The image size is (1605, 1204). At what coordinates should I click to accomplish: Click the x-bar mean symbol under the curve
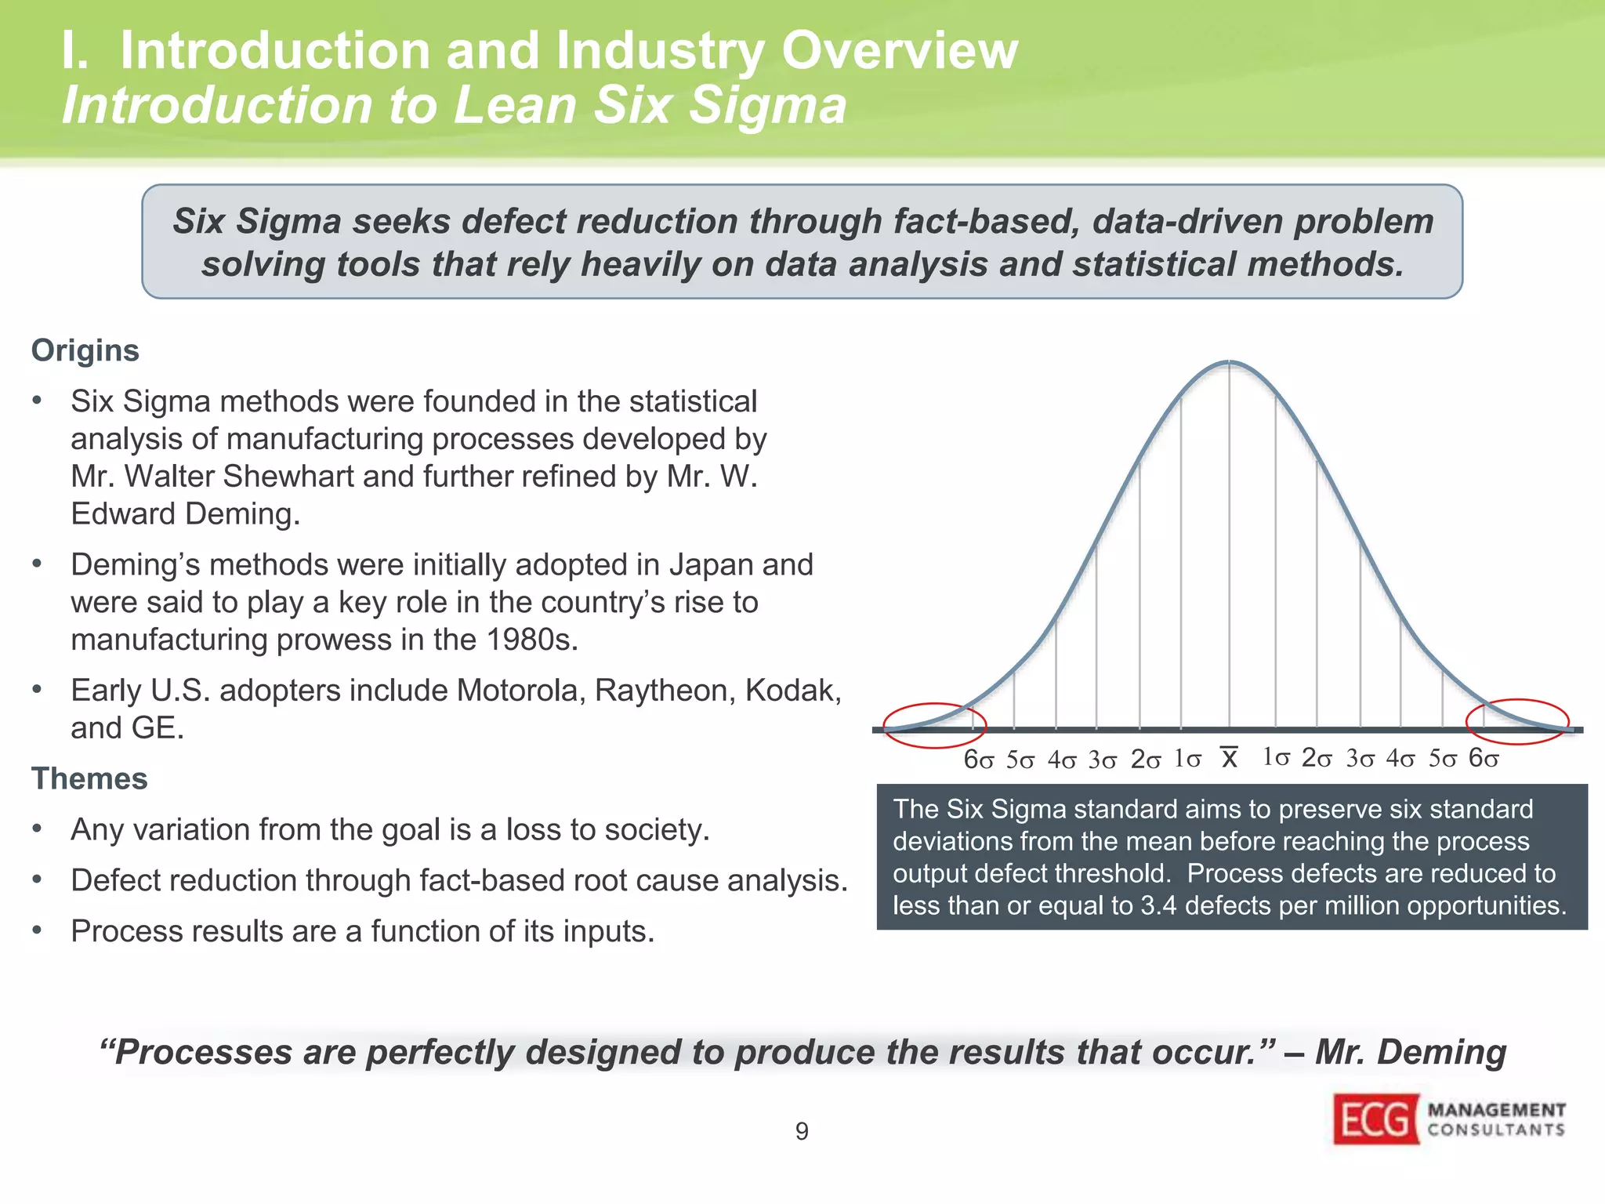[1229, 758]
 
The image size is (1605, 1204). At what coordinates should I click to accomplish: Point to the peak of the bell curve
[1229, 362]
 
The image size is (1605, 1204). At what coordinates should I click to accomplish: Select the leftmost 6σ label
[979, 760]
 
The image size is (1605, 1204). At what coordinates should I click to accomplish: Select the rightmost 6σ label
[1484, 758]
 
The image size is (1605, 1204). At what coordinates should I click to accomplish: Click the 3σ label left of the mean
[1102, 760]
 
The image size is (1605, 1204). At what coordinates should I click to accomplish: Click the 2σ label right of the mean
[1317, 758]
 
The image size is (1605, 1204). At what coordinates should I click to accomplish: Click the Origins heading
[85, 350]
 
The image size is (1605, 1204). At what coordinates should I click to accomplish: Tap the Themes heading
[89, 778]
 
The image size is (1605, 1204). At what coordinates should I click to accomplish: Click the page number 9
[802, 1131]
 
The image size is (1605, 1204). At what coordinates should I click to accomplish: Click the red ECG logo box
[1375, 1119]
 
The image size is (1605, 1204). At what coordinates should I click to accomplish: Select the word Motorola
[520, 691]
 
